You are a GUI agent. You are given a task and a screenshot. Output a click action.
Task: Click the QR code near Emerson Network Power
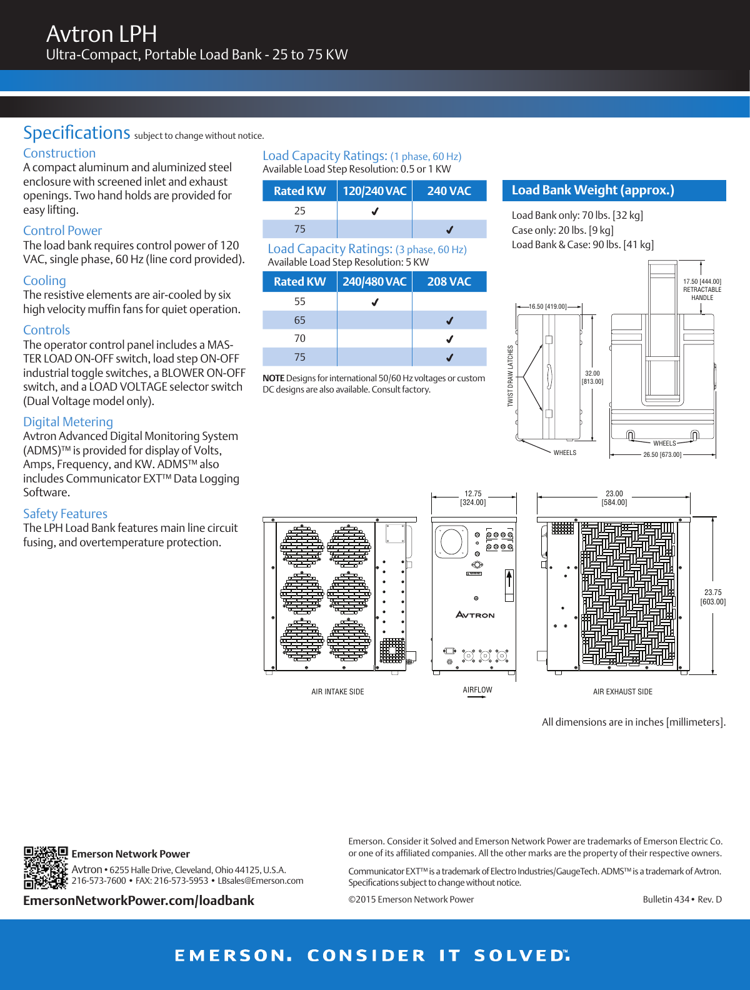(x=45, y=867)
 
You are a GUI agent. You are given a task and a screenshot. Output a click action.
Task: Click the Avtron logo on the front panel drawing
(x=475, y=615)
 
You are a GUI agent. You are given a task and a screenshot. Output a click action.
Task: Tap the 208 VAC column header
(x=449, y=281)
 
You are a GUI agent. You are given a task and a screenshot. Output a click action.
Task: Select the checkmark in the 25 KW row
(x=374, y=211)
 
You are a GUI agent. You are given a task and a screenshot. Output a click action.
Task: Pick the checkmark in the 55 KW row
(x=374, y=302)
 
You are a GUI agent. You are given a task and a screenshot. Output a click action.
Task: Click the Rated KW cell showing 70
(x=300, y=339)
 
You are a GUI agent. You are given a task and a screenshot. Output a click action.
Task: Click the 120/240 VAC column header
(x=374, y=191)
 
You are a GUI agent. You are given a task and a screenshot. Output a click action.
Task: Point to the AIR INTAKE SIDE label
(x=337, y=692)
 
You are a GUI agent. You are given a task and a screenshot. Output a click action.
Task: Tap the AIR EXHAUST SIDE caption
(x=622, y=692)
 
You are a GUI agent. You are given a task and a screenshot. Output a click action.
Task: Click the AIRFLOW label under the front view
(x=477, y=690)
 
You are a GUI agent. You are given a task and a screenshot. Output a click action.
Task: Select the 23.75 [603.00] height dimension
(x=713, y=597)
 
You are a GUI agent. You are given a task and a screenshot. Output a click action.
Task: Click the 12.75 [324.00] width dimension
(x=473, y=498)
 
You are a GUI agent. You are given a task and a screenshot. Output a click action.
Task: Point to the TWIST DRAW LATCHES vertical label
(x=510, y=376)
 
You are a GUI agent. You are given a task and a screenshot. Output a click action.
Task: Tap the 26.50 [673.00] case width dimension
(x=662, y=454)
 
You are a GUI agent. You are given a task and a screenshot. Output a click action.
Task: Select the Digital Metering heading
(x=68, y=422)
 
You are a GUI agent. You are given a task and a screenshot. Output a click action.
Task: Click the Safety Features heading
(x=65, y=514)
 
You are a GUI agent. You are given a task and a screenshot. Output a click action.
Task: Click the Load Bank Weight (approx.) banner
(x=614, y=190)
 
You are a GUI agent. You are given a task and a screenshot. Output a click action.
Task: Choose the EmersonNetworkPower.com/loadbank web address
(x=139, y=901)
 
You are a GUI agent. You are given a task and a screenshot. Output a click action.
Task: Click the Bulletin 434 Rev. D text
(x=682, y=899)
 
